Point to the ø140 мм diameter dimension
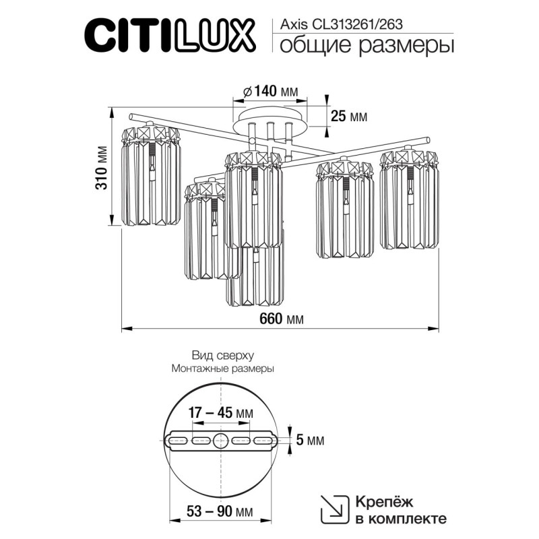tap(269, 91)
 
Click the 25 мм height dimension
tap(349, 116)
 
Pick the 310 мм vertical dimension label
tap(101, 177)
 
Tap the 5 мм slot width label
tap(311, 441)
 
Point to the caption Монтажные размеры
tap(222, 369)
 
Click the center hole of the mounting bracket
tap(221, 441)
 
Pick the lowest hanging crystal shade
tap(255, 276)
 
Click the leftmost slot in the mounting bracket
tap(177, 441)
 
